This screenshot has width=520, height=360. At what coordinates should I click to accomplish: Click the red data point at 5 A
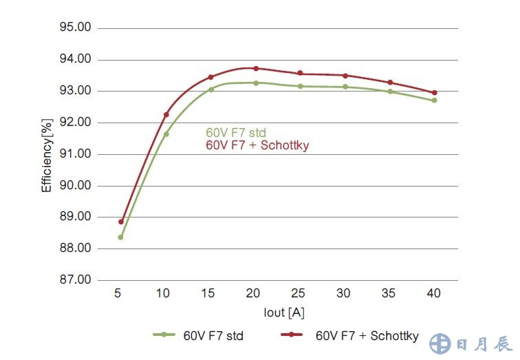click(x=121, y=222)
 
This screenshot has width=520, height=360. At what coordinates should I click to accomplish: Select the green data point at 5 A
click(x=121, y=237)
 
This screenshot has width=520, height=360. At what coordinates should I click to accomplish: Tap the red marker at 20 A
click(x=256, y=68)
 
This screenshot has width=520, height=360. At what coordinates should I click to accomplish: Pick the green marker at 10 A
click(x=166, y=134)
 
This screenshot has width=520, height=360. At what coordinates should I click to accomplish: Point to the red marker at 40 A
click(x=435, y=92)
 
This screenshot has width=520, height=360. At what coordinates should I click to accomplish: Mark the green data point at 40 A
click(x=435, y=100)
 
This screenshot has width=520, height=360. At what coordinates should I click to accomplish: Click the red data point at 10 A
click(x=166, y=114)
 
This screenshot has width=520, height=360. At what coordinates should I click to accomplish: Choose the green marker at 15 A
click(x=211, y=89)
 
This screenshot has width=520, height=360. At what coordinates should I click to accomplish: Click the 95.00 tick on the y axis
click(x=76, y=28)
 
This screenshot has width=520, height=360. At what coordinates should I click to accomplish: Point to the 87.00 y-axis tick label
click(x=76, y=279)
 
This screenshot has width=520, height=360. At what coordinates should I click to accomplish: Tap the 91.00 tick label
click(x=76, y=154)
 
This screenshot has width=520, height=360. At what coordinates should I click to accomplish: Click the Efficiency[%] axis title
click(x=47, y=154)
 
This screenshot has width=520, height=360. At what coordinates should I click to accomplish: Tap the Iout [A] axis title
click(x=284, y=312)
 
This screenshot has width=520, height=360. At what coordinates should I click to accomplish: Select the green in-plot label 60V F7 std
click(x=236, y=133)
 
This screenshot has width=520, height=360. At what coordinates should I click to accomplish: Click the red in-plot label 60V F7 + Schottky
click(x=258, y=145)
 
